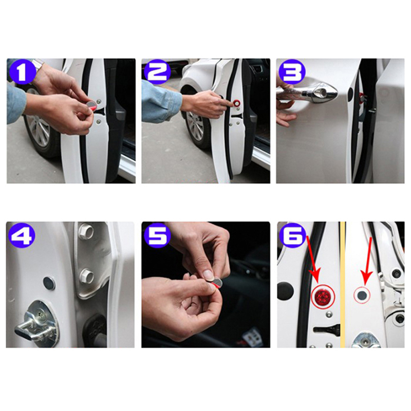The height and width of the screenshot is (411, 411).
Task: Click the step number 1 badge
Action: (x=22, y=71)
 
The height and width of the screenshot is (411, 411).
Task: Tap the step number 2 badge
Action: (x=157, y=71)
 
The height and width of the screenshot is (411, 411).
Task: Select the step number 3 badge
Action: (x=292, y=71)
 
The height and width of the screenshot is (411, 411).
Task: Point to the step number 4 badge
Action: (x=22, y=235)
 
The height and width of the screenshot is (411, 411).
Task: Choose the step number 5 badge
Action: (x=157, y=235)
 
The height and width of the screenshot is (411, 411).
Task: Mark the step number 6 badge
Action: (x=293, y=235)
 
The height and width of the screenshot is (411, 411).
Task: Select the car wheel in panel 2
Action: (x=197, y=126)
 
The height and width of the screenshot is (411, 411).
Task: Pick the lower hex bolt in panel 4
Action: (x=87, y=276)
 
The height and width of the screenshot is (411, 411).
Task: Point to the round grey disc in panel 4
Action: (x=49, y=283)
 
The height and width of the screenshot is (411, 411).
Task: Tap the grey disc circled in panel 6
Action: (x=362, y=295)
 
